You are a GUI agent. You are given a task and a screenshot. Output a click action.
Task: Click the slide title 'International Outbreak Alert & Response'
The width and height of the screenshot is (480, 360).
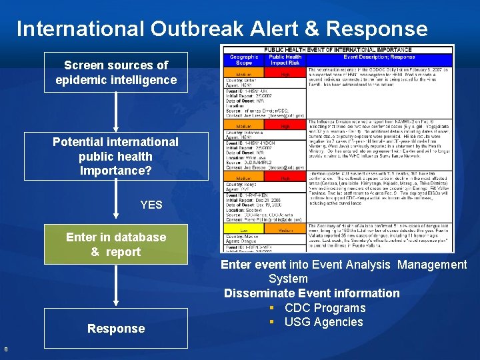click(222, 29)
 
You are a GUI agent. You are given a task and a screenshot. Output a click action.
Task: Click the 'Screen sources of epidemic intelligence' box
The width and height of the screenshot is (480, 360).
click(116, 73)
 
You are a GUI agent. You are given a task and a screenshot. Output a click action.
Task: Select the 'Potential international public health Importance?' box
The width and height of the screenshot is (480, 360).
click(116, 156)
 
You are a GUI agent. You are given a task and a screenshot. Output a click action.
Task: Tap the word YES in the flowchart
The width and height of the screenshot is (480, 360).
click(151, 205)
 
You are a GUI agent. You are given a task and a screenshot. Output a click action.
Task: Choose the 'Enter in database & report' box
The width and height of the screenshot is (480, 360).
click(116, 245)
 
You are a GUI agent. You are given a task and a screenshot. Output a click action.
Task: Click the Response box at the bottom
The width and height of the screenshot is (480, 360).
click(116, 328)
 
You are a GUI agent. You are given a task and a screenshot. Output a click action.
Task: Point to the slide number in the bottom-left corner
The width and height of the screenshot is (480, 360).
click(5, 347)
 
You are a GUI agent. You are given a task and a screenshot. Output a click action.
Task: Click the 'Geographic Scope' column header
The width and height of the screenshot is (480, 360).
click(244, 60)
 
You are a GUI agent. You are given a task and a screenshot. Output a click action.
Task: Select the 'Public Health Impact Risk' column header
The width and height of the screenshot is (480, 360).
click(285, 60)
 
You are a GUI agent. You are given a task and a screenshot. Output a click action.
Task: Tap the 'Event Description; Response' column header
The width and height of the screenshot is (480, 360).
click(379, 57)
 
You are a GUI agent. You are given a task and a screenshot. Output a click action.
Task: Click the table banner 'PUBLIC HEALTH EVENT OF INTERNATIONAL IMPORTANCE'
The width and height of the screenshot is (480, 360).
click(338, 50)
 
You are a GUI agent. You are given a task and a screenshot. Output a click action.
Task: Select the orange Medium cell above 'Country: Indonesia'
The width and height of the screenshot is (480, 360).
click(244, 125)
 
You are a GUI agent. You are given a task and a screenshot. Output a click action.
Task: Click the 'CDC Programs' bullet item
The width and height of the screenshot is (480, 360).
click(325, 308)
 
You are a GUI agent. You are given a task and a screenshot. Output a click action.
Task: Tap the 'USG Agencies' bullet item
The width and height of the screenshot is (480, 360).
click(323, 322)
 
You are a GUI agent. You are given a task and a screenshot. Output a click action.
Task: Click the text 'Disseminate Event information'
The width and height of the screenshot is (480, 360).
click(311, 293)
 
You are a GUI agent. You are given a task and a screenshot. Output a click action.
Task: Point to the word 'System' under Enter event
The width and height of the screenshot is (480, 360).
click(288, 279)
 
